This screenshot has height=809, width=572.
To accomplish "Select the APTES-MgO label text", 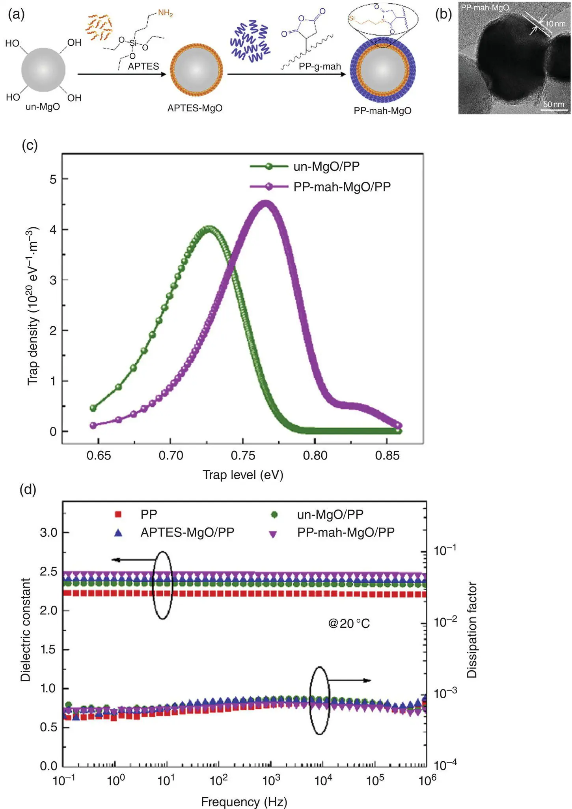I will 195,108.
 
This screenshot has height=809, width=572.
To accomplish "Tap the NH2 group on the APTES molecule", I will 165,14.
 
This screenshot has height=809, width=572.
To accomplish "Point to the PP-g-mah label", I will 320,67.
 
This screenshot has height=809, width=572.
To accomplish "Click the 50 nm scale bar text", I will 553,104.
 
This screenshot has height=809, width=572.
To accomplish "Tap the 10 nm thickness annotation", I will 555,24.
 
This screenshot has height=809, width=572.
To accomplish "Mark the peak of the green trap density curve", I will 209,228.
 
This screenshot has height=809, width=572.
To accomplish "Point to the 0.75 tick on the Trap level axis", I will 243,456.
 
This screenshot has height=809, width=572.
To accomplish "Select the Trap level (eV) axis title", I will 243,475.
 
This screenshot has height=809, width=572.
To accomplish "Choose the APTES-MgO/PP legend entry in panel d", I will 187,533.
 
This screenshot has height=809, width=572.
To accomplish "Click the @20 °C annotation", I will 348,624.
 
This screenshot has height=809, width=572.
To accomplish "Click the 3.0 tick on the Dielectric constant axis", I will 48,533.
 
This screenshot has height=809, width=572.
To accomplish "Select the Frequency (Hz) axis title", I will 244,799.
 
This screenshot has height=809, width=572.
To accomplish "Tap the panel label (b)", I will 443,15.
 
